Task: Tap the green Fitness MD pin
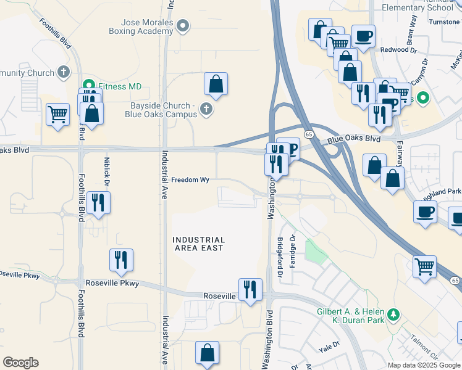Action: pos(88,86)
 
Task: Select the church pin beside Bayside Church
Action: pos(206,110)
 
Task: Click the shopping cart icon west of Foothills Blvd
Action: pos(57,114)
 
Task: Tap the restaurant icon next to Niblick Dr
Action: pos(98,202)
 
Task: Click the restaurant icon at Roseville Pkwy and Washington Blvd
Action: pos(250,289)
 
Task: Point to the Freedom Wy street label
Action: pos(191,180)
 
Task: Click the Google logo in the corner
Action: pos(20,363)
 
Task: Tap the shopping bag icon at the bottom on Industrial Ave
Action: pos(208,353)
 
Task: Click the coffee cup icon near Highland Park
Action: pos(425,212)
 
